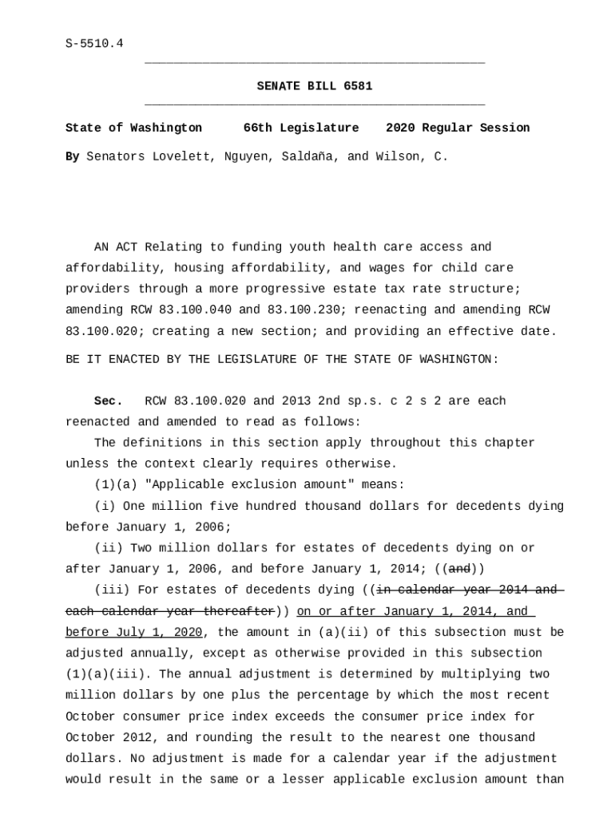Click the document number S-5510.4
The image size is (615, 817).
click(94, 44)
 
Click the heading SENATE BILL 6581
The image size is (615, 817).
click(314, 86)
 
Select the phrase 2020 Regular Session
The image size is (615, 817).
click(457, 128)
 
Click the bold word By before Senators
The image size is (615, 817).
click(72, 156)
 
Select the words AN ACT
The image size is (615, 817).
click(116, 247)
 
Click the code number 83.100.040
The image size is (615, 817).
click(196, 310)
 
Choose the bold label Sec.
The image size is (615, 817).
click(108, 401)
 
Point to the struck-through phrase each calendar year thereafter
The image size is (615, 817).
click(169, 611)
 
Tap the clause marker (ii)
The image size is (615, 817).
click(109, 548)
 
